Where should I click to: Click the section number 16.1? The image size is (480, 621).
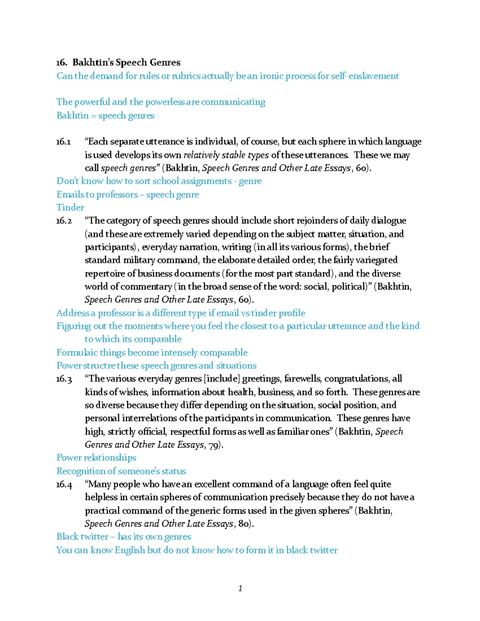click(64, 142)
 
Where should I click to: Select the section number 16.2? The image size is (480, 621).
click(64, 221)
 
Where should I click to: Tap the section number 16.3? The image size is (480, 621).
click(64, 379)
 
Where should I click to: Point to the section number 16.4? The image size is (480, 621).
click(64, 484)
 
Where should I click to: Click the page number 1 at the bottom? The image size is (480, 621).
click(240, 588)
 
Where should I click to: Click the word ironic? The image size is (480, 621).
click(273, 76)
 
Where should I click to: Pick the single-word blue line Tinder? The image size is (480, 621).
click(70, 208)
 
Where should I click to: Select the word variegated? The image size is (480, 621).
click(375, 260)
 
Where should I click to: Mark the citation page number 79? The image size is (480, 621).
click(214, 445)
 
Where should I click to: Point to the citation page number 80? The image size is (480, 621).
click(244, 524)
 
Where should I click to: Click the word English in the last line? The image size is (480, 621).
click(130, 550)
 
